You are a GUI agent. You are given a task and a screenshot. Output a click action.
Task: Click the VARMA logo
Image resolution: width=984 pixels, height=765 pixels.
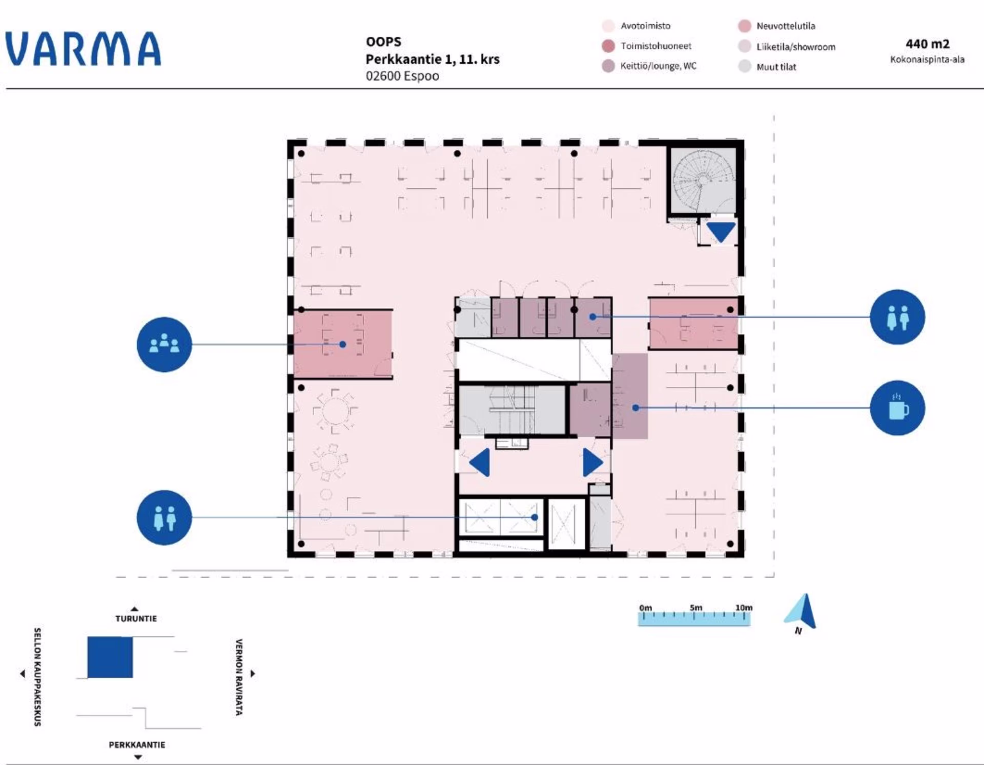(83, 49)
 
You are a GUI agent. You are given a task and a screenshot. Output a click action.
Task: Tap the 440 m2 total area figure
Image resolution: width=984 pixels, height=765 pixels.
(927, 44)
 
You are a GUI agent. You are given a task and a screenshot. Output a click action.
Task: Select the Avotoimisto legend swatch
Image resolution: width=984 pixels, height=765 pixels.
(608, 26)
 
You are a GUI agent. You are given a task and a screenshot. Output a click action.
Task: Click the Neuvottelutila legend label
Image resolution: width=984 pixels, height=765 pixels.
(786, 26)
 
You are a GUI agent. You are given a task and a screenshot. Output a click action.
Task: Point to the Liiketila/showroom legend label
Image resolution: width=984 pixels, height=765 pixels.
(796, 47)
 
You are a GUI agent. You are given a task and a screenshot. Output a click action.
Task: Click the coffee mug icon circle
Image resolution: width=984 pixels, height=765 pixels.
(897, 408)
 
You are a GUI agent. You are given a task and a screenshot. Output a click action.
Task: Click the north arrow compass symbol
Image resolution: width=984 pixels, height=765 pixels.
(802, 612)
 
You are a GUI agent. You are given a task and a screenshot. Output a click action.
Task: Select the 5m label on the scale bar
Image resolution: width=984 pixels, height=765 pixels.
(696, 608)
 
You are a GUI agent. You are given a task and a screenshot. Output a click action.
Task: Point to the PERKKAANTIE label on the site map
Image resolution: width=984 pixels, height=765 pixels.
(137, 745)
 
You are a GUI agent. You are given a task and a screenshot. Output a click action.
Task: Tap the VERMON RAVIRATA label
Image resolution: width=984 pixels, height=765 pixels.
(239, 677)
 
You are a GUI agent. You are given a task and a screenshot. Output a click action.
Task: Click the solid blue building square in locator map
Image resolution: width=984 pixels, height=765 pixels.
(110, 657)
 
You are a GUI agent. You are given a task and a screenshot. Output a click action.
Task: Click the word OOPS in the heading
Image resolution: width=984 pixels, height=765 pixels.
(383, 42)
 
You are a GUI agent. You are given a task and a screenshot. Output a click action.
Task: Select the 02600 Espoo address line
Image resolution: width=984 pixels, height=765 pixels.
(402, 76)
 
